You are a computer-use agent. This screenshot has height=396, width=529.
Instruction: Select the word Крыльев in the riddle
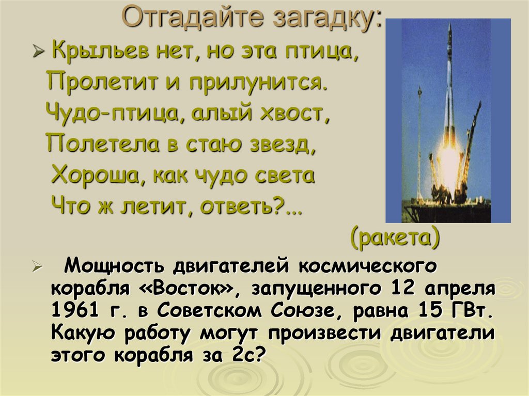coord(100,51)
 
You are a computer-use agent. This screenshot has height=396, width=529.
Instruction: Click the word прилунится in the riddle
coord(254,83)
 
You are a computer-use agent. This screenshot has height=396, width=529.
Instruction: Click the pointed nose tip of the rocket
coord(450,24)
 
